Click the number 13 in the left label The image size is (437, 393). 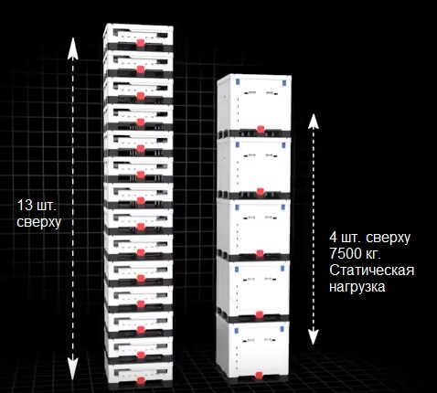coord(25,206)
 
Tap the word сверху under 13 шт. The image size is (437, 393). coord(39,222)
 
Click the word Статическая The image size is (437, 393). coord(372,270)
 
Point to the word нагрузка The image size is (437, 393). coord(357,287)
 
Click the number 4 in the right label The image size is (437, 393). coord(333,238)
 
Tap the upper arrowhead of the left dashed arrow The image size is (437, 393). coord(73,48)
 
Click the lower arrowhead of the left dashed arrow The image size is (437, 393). coord(73,369)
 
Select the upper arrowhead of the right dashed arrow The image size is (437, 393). coord(314,121)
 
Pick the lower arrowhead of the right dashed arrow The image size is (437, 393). coord(314,337)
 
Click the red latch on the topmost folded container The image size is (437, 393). coord(141,43)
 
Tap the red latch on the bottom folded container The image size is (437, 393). coord(141,381)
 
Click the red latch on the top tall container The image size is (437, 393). coord(261,130)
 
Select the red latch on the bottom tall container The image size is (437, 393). coord(259,376)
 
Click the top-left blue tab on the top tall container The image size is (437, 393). coord(238,81)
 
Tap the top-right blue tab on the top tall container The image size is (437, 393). coord(284,83)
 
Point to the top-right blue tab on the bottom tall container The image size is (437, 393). coord(282,329)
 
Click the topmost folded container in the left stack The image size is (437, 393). coord(138,37)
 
